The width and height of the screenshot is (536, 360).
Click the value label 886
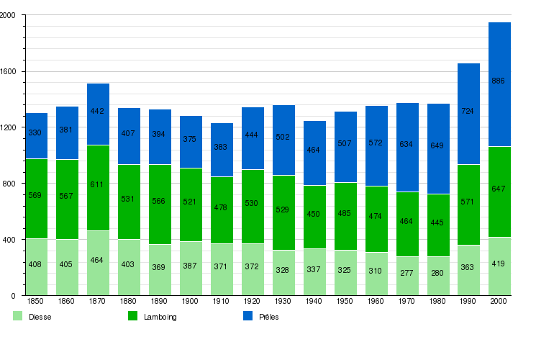(498, 81)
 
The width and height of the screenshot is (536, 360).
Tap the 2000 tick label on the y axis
(12, 16)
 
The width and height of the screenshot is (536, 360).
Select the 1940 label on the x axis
(314, 300)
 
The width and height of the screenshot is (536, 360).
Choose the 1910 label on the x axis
(222, 300)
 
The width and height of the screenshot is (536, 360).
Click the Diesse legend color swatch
(17, 316)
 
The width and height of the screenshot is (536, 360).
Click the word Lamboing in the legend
(160, 317)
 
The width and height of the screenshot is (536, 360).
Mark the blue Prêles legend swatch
(247, 316)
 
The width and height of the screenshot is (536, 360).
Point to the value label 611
(98, 184)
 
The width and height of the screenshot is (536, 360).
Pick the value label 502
(283, 137)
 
